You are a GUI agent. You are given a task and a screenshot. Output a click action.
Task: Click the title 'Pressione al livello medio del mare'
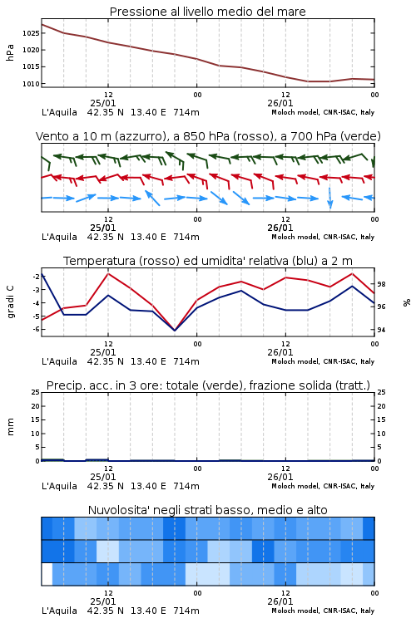tap(207, 12)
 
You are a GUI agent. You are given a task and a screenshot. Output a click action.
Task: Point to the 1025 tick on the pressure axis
tap(31, 33)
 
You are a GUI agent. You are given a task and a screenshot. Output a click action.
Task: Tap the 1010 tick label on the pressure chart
tap(31, 84)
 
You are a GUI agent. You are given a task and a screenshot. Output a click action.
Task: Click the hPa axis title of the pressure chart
tap(10, 52)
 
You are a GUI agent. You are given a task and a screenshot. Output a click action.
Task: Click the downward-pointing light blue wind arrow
tap(330, 198)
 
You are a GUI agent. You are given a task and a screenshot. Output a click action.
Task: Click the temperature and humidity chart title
tap(208, 261)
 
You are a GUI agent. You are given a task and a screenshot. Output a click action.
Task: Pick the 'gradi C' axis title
tap(11, 302)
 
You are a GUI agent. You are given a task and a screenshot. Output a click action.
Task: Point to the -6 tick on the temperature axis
tap(36, 329)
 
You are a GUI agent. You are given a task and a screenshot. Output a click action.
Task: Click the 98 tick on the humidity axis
tap(381, 284)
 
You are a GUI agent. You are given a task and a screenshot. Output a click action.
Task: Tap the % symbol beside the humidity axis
tap(407, 302)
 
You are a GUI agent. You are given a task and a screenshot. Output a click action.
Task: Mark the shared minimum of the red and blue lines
tap(175, 330)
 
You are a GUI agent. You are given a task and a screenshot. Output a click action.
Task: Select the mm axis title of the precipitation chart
tap(11, 427)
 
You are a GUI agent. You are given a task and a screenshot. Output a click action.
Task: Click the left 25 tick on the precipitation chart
tap(36, 392)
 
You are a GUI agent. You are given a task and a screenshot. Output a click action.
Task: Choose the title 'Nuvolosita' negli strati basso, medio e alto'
tap(207, 510)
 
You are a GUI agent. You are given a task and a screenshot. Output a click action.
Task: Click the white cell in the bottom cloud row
tap(47, 574)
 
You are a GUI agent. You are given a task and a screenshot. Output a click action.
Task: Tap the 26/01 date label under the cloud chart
tap(280, 601)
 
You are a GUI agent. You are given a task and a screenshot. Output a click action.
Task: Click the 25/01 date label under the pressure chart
tap(103, 103)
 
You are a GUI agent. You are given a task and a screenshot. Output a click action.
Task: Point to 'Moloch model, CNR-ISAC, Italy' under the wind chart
tap(323, 237)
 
